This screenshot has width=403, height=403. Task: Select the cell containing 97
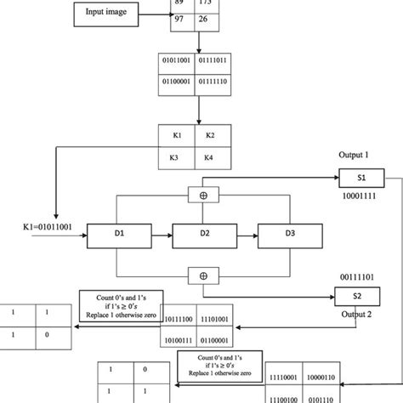184,18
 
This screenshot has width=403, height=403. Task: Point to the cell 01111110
216,82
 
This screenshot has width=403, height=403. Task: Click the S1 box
361,179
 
